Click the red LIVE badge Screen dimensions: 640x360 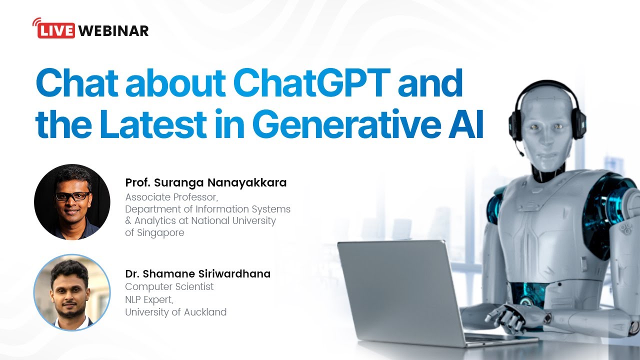(x=56, y=30)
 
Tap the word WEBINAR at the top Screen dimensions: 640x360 (x=113, y=31)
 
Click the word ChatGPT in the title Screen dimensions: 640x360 (x=311, y=83)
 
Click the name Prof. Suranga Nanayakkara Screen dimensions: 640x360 (x=205, y=183)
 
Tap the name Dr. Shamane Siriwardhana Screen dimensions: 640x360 (x=197, y=273)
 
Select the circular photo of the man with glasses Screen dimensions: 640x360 (x=72, y=202)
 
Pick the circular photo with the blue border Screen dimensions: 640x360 (x=72, y=292)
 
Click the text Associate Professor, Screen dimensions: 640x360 (x=171, y=197)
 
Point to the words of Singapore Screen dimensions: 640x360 (x=154, y=233)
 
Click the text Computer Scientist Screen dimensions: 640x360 (x=169, y=286)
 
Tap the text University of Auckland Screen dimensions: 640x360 (x=175, y=312)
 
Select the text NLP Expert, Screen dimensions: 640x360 (x=149, y=299)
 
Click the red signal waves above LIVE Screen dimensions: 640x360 (x=36, y=22)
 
